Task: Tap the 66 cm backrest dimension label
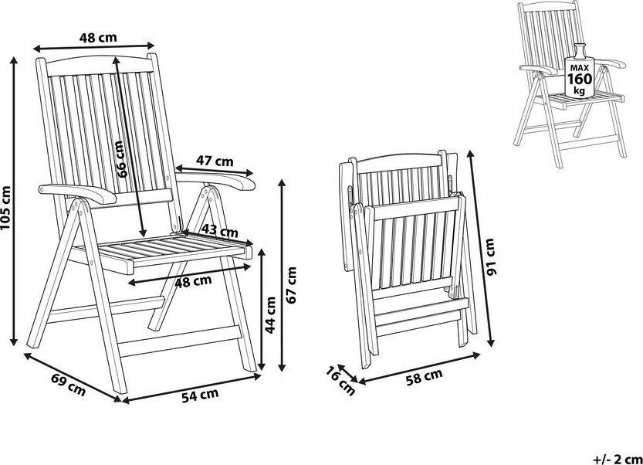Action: pyautogui.click(x=121, y=159)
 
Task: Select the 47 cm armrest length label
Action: pyautogui.click(x=215, y=161)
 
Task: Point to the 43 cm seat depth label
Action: pyautogui.click(x=220, y=232)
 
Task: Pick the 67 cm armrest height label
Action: pyautogui.click(x=291, y=285)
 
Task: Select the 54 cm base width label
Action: pyautogui.click(x=200, y=395)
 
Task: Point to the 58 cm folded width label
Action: pyautogui.click(x=424, y=376)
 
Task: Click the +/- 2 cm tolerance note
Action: pyautogui.click(x=618, y=458)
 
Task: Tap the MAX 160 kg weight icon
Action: pyautogui.click(x=579, y=71)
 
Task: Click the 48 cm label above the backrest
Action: pyautogui.click(x=98, y=37)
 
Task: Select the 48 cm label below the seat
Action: pyautogui.click(x=193, y=281)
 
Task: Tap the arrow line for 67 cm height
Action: pyautogui.click(x=282, y=276)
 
